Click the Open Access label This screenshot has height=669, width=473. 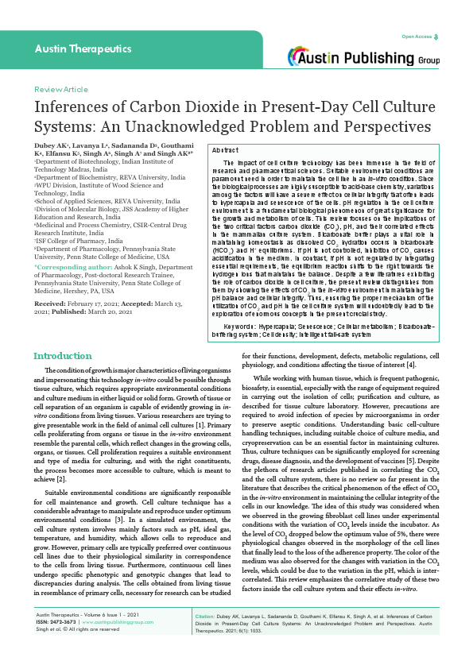[x=417, y=37]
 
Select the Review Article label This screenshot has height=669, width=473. [x=60, y=90]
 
